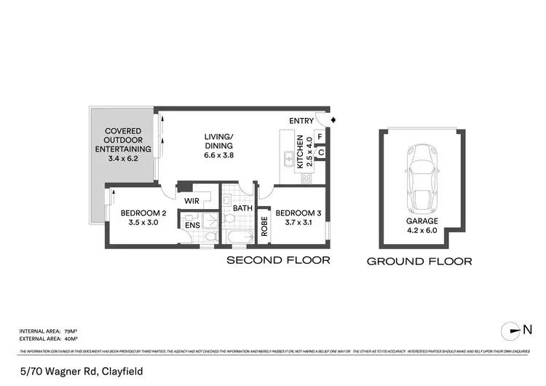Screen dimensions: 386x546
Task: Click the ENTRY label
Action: [301, 121]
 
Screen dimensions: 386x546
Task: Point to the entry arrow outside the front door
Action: [333, 120]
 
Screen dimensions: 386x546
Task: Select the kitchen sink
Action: [288, 155]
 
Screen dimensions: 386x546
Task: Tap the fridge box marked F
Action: [320, 136]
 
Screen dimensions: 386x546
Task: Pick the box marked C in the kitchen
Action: [320, 152]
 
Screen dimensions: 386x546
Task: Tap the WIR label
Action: [192, 200]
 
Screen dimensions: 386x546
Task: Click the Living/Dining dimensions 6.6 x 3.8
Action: [218, 153]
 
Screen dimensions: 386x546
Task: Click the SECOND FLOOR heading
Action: [278, 260]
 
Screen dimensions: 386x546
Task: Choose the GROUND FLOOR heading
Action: [419, 261]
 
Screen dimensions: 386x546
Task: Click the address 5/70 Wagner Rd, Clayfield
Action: [81, 371]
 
